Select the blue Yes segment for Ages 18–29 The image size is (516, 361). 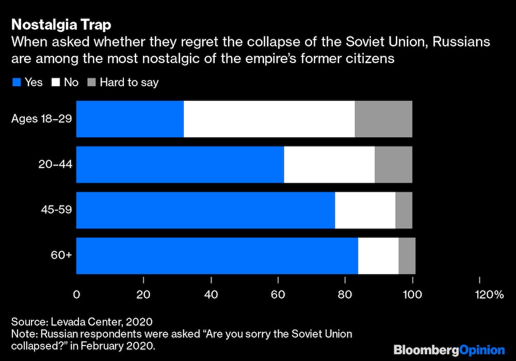tap(130, 119)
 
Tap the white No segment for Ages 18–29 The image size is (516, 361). tap(269, 119)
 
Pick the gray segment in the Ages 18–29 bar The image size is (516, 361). tap(383, 119)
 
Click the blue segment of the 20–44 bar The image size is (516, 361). tap(180, 164)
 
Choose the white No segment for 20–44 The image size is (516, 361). tap(329, 164)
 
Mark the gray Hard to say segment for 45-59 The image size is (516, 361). tap(404, 210)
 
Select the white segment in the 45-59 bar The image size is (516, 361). tap(365, 210)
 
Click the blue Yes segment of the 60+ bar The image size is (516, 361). tap(217, 256)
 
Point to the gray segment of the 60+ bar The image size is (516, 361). tap(407, 256)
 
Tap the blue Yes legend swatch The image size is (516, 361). tap(16, 82)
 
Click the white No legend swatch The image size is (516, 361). tap(56, 82)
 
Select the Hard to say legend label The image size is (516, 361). tap(129, 82)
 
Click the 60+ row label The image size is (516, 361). tap(61, 256)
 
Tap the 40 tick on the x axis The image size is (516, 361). tap(211, 295)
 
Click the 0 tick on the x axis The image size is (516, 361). tap(76, 295)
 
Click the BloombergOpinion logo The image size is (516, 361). tap(449, 350)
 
